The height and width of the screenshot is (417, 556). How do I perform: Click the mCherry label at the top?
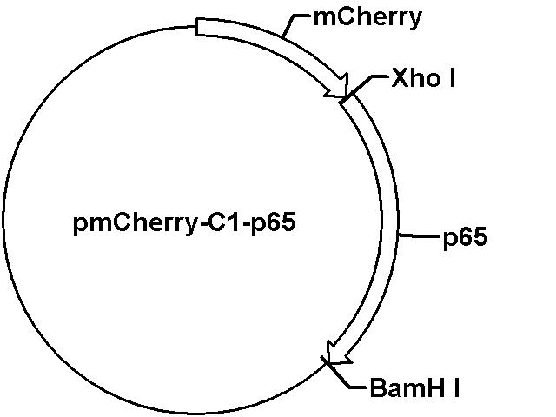tap(367, 17)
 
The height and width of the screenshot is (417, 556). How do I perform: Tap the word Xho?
tap(416, 77)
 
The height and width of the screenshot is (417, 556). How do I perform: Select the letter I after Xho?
tap(452, 77)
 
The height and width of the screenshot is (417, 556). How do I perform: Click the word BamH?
tap(407, 387)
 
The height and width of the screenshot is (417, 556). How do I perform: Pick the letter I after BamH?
tap(455, 387)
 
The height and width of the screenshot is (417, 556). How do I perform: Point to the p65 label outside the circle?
tap(466, 237)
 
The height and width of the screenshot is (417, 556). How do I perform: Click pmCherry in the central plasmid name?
tap(135, 224)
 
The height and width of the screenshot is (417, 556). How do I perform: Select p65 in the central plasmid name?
tap(274, 224)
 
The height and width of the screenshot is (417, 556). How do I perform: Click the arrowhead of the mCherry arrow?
tap(339, 87)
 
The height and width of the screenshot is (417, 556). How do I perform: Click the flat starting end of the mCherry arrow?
tap(197, 27)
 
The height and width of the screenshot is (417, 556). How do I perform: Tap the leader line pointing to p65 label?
tap(419, 235)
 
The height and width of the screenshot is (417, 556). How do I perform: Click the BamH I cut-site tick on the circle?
tap(327, 361)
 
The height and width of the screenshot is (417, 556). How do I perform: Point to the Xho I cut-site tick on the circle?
tap(345, 98)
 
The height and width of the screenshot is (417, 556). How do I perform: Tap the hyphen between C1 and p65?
tap(246, 224)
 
